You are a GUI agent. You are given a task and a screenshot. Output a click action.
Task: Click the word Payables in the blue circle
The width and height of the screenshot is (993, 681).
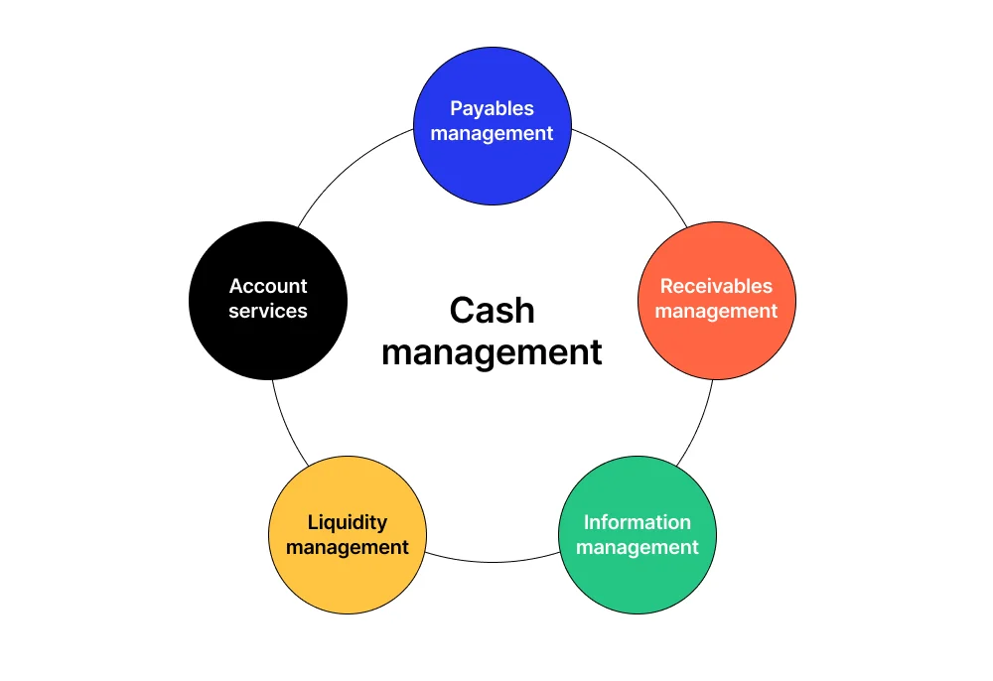492,108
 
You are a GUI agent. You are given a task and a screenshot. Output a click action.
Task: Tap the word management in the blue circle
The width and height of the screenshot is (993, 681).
492,133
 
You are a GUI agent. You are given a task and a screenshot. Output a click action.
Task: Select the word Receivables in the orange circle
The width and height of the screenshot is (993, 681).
716,286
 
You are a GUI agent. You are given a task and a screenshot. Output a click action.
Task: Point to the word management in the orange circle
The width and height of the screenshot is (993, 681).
716,311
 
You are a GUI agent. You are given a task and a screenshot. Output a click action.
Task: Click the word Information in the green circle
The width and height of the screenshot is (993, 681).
637,522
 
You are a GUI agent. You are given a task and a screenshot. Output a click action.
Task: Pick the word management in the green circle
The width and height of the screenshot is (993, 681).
637,547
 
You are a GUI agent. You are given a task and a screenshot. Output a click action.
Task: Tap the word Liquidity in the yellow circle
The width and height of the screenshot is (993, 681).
347,522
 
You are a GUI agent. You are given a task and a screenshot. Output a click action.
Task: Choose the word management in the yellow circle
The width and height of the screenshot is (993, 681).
347,547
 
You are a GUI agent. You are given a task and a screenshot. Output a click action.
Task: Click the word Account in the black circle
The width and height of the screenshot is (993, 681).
268,286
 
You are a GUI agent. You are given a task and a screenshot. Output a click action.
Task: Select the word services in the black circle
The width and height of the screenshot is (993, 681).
268,311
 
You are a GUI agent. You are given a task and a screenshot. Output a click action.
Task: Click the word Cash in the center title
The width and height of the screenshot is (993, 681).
492,311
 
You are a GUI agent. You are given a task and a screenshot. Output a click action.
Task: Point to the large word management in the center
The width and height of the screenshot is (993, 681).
492,352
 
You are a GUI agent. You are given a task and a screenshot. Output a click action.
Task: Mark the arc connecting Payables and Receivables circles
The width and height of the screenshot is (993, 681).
636,169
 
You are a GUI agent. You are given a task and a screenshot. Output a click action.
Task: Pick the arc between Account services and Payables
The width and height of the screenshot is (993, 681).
348,169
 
